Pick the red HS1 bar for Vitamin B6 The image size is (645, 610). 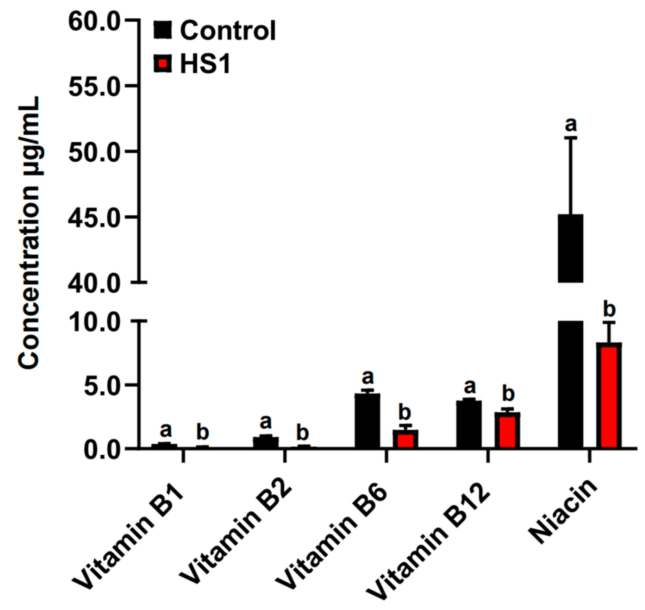(x=405, y=439)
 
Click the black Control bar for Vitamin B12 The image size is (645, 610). (x=469, y=424)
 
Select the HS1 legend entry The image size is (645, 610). (x=192, y=64)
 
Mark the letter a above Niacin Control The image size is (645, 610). (x=571, y=125)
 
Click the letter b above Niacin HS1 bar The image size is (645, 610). (x=609, y=310)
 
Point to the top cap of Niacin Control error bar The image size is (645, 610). (x=570, y=138)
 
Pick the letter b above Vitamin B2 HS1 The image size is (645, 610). (x=303, y=433)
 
